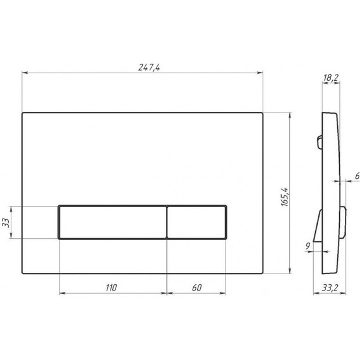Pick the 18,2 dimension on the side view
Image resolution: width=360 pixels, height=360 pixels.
tap(330, 78)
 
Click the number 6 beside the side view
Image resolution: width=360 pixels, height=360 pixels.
tap(357, 176)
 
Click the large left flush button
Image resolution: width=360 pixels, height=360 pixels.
tap(112, 222)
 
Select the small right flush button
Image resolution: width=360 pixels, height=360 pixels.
tap(196, 222)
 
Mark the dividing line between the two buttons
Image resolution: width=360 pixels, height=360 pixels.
tap(167, 222)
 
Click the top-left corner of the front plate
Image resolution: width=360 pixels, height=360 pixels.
tap(23, 114)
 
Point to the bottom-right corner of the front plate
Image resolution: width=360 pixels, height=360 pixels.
tap(262, 275)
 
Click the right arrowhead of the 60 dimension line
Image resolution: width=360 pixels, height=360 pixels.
tap(225, 294)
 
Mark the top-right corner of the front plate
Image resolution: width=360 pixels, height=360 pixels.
tap(262, 114)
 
